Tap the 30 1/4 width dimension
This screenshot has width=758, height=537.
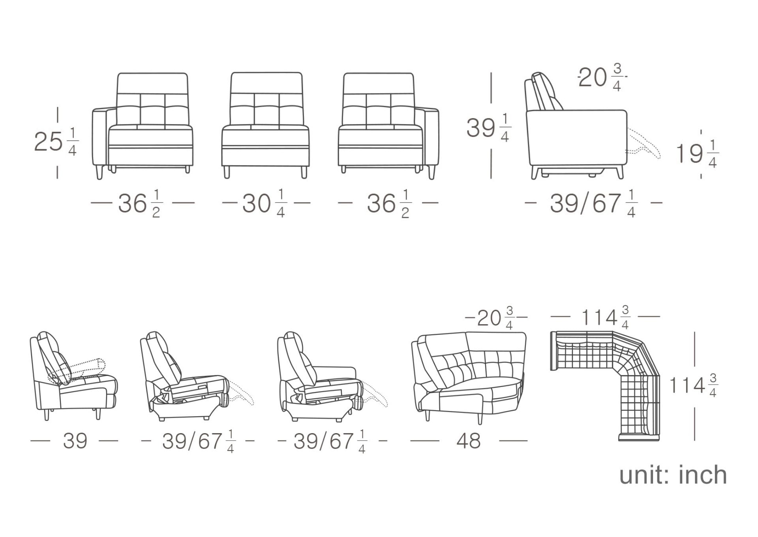pos(265,204)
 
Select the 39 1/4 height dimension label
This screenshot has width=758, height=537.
pos(489,128)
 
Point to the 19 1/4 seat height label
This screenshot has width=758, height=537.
pos(697,154)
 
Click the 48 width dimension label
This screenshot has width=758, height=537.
pos(469,441)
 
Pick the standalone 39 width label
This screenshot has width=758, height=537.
pos(75,441)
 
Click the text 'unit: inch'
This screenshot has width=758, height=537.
pos(673,475)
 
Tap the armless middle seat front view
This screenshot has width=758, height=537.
pos(265,125)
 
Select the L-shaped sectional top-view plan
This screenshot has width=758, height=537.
pos(605,385)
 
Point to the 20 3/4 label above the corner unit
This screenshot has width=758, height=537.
pos(496,318)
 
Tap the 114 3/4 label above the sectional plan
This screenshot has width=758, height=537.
pos(606,317)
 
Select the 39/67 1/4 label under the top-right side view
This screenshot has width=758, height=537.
pos(593,204)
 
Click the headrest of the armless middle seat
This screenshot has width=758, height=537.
pos(266,83)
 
